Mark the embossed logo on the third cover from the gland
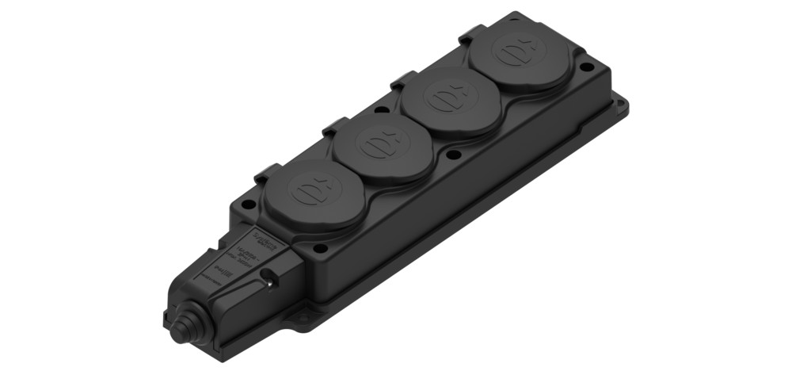click(443, 99)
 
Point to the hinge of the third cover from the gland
click(400, 81)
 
